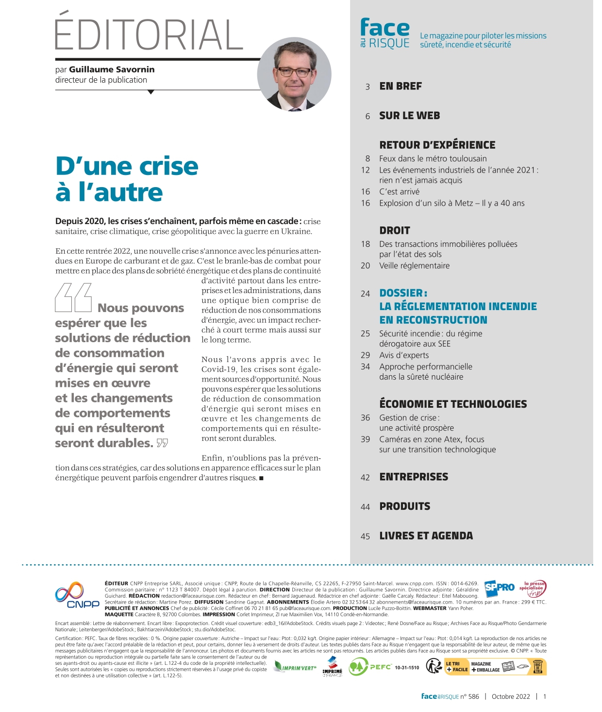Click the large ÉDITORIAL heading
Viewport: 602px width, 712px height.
(149, 34)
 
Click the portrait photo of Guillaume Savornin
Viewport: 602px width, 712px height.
(294, 74)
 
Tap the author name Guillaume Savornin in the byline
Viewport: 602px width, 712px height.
(112, 69)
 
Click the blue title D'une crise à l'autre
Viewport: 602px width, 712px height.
(127, 179)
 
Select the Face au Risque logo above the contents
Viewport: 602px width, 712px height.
(385, 33)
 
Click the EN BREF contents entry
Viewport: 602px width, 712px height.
(401, 87)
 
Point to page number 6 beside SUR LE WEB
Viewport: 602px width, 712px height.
(368, 116)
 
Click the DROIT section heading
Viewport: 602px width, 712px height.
(395, 230)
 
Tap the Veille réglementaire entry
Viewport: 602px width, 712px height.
(414, 266)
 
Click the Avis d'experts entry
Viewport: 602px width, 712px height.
(404, 355)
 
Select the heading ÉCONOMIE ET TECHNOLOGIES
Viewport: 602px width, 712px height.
(453, 404)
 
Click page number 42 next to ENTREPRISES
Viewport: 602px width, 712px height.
(365, 478)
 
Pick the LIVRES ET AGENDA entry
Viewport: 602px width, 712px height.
(426, 536)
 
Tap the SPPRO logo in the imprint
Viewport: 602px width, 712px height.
(500, 587)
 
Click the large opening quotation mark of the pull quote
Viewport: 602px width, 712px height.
(73, 297)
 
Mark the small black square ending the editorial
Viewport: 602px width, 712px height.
(261, 478)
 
